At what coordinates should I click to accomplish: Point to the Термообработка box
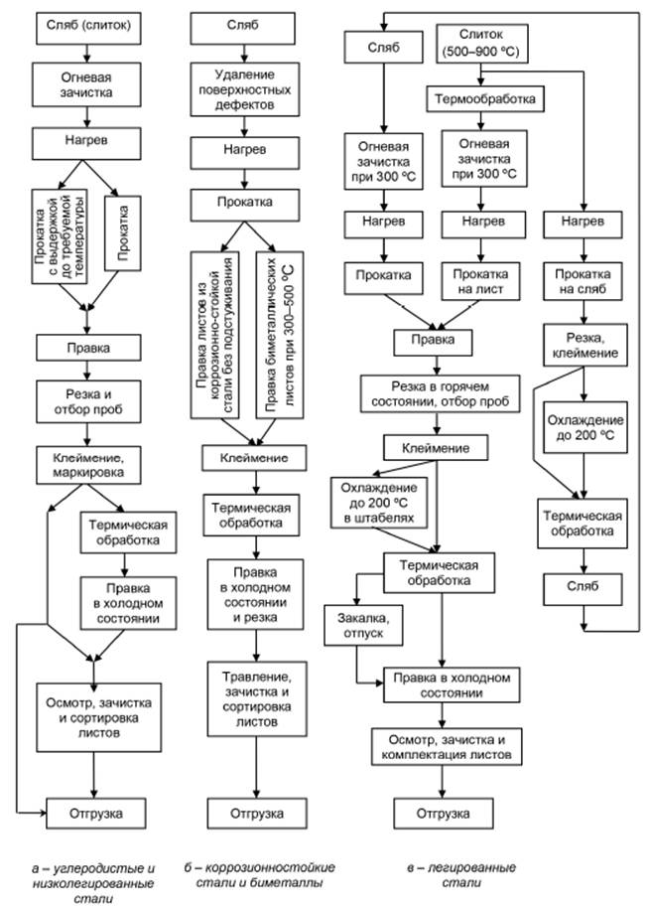click(x=483, y=99)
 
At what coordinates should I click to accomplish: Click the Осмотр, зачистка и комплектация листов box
click(x=445, y=747)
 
